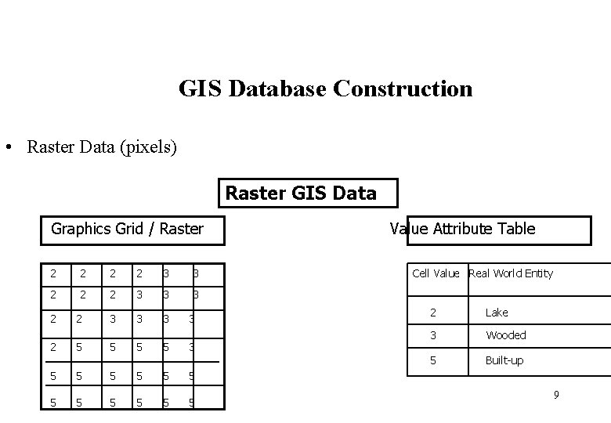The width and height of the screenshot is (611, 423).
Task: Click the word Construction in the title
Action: [x=403, y=89]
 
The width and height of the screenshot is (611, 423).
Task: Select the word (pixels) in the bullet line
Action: [x=148, y=146]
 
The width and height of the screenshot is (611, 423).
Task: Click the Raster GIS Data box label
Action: [x=301, y=193]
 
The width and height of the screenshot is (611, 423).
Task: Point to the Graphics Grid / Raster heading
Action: [x=127, y=229]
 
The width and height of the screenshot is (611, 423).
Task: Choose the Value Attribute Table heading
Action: [x=462, y=229]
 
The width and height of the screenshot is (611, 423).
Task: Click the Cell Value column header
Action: [x=436, y=273]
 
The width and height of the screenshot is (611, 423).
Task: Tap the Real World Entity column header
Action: [x=511, y=273]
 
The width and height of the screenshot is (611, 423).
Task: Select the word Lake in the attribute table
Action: [x=497, y=313]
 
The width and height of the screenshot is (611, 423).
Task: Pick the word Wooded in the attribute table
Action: [x=506, y=335]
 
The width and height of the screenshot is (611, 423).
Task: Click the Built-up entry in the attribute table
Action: [x=504, y=360]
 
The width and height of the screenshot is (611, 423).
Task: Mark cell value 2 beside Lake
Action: [x=432, y=313]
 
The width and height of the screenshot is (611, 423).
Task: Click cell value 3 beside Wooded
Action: [x=432, y=335]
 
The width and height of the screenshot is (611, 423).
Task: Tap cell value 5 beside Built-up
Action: [x=432, y=360]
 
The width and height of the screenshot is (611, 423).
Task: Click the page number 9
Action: [x=556, y=395]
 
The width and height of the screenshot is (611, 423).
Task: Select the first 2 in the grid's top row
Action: [x=52, y=273]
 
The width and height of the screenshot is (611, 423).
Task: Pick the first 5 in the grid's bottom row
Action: [x=52, y=403]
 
